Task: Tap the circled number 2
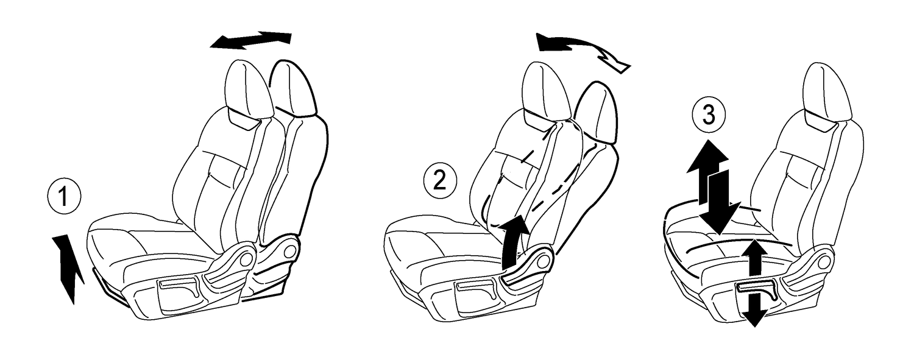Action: pyautogui.click(x=440, y=180)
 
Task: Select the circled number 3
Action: pyautogui.click(x=709, y=116)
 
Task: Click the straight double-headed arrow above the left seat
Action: pyautogui.click(x=250, y=40)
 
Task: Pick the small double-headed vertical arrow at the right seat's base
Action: pyautogui.click(x=754, y=283)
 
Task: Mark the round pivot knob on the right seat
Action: pyautogui.click(x=827, y=259)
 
